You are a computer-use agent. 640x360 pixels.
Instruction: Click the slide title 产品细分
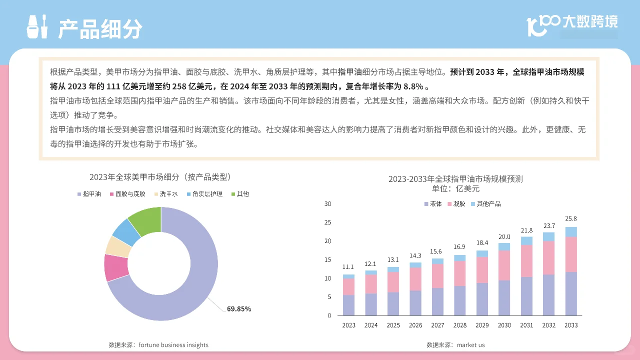(x=100, y=29)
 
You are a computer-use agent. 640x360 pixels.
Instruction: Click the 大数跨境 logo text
(x=590, y=22)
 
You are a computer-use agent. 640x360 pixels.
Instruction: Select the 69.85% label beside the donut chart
(x=239, y=309)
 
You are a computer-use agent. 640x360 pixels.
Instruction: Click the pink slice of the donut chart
(x=115, y=267)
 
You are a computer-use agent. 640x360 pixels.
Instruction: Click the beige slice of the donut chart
(x=118, y=246)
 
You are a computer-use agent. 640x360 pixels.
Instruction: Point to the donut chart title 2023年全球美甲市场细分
(x=160, y=177)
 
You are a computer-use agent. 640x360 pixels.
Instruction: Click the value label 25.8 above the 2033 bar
(x=571, y=218)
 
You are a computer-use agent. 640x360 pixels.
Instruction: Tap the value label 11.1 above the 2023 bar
(x=348, y=266)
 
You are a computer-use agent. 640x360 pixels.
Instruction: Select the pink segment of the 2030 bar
(x=504, y=265)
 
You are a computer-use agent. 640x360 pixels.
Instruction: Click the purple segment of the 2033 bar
(x=571, y=294)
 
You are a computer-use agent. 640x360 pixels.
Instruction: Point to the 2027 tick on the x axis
(x=437, y=325)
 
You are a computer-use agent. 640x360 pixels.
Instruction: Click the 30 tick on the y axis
(x=328, y=204)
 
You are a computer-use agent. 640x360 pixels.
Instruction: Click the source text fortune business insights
(x=158, y=345)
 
